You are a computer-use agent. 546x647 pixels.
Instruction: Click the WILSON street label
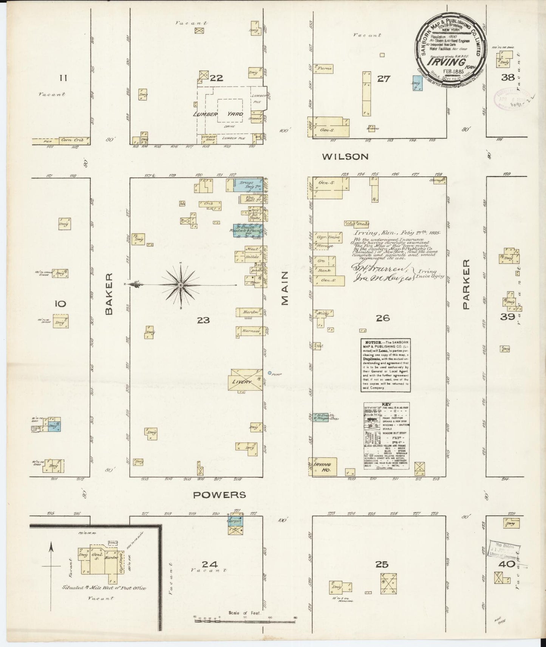tap(345, 157)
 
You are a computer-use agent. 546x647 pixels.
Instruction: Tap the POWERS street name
tap(220, 495)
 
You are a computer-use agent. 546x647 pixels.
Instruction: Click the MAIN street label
tap(284, 289)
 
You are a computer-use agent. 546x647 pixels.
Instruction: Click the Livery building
tap(245, 380)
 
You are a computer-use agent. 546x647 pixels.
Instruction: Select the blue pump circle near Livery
tap(269, 373)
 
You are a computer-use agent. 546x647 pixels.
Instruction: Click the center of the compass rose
tap(181, 284)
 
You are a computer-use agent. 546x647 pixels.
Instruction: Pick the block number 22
tap(217, 78)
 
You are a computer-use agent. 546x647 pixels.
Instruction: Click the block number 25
tap(382, 565)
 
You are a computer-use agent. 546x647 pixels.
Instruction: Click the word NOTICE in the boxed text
tap(369, 342)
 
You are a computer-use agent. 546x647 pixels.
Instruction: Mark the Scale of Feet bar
tap(244, 619)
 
